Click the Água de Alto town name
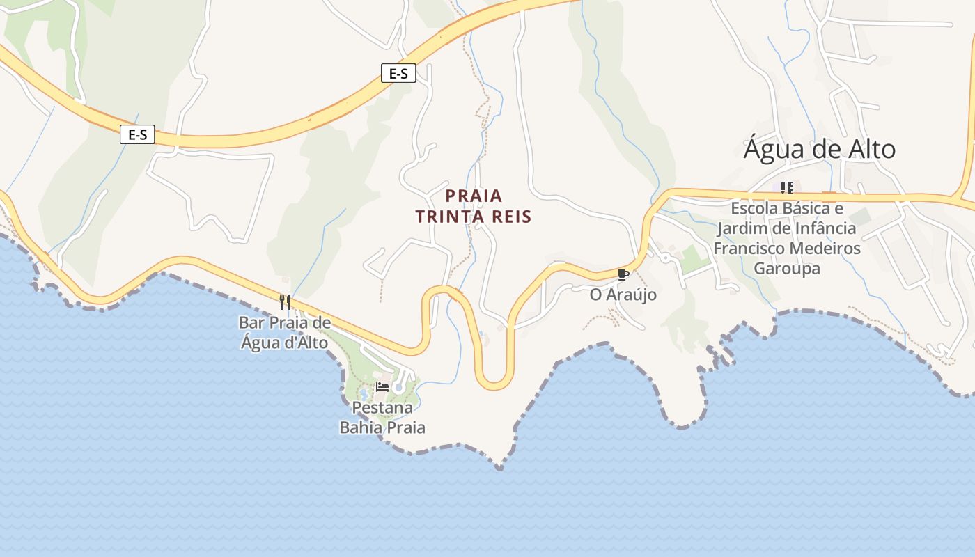tap(819, 150)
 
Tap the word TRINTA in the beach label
tap(446, 217)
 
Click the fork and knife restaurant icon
tap(284, 301)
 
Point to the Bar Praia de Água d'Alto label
tap(284, 332)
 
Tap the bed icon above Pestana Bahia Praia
tap(382, 387)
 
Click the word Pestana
tap(382, 407)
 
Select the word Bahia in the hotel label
tap(360, 427)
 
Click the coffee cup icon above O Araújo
tap(623, 274)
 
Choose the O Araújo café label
tap(623, 295)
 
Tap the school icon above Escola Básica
tap(787, 187)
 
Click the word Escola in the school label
tap(754, 208)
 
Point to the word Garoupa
tap(787, 269)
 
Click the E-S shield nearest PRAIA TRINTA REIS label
tap(398, 73)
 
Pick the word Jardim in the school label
tap(740, 228)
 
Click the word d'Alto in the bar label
tap(304, 343)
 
